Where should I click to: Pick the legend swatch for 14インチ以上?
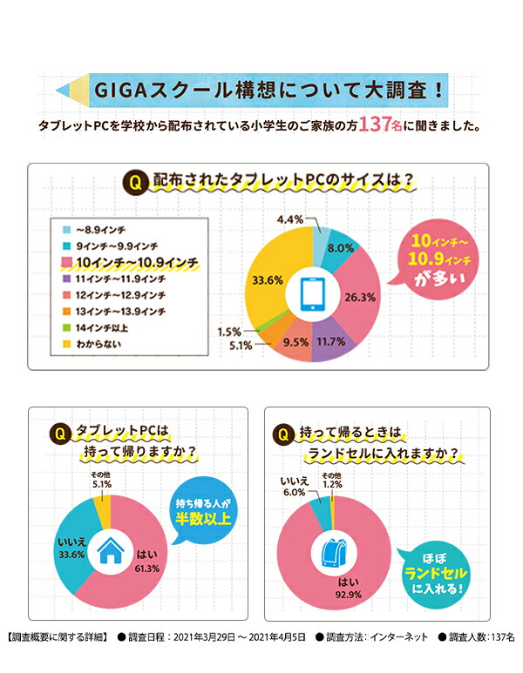pos(66,326)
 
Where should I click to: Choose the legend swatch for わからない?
pos(66,343)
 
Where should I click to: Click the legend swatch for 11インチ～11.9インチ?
pos(66,279)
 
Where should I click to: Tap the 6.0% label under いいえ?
pos(292,492)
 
